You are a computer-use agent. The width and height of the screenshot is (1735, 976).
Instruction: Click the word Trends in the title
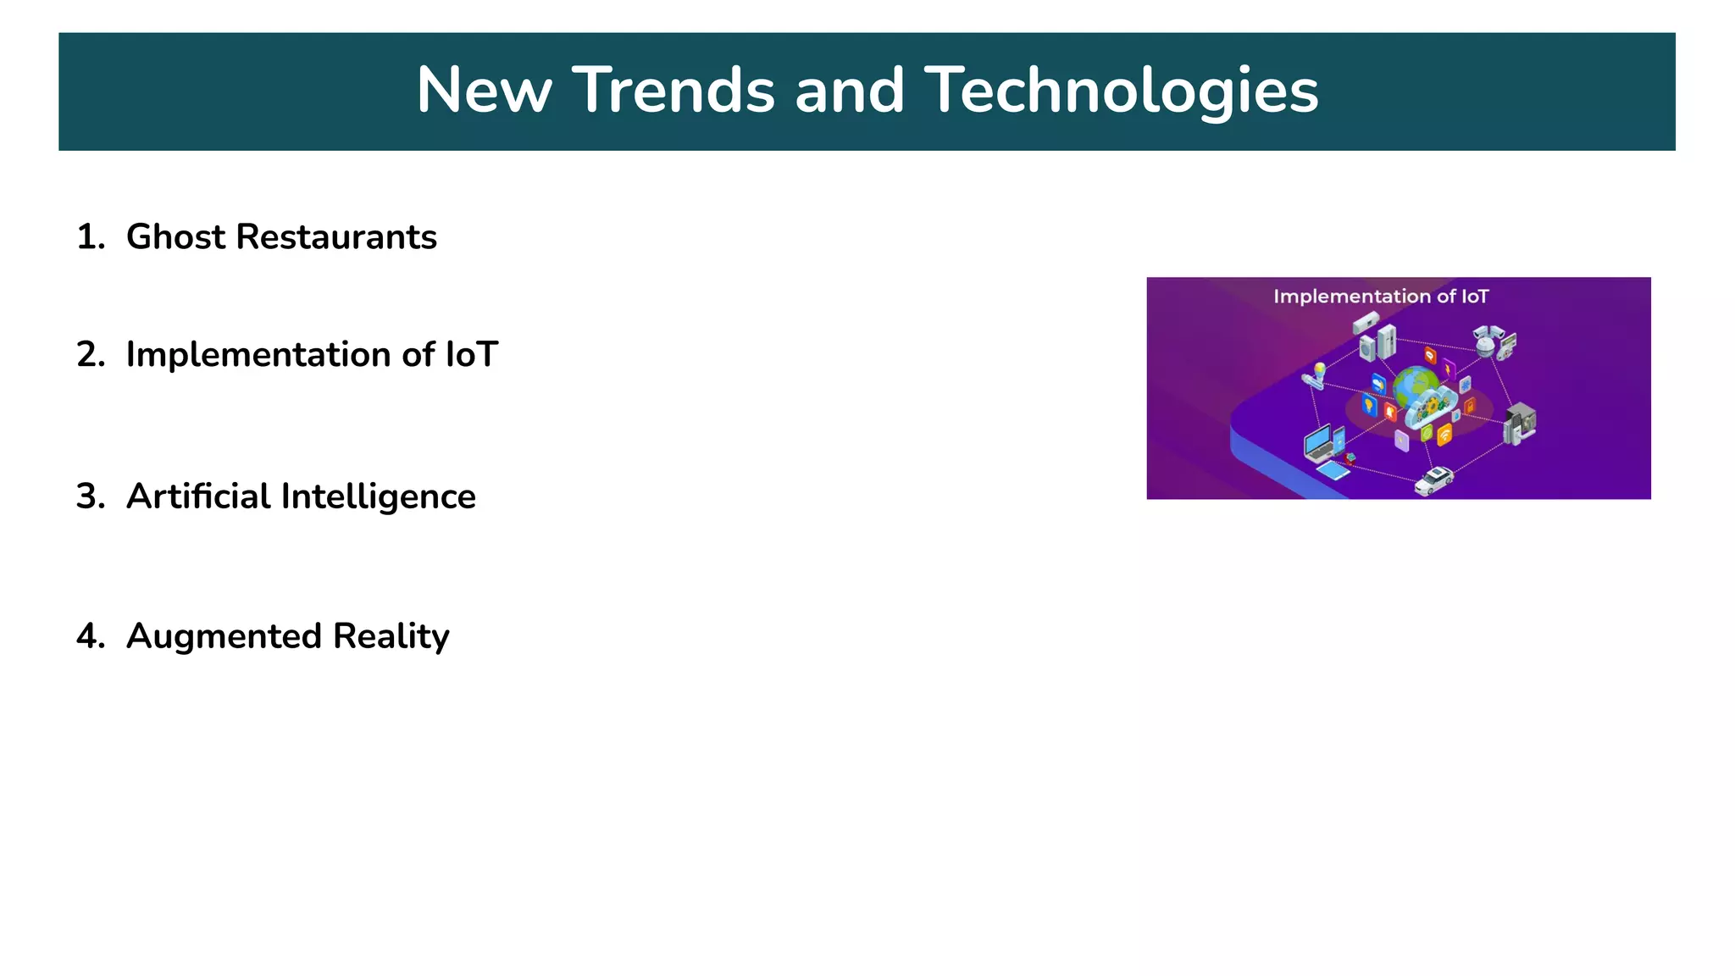673,91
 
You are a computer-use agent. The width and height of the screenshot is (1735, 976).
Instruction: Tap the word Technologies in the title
1121,91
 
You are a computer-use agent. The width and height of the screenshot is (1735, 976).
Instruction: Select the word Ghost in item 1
175,237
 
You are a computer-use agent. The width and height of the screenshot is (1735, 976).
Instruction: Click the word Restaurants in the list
336,237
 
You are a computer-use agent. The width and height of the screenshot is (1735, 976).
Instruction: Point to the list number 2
89,355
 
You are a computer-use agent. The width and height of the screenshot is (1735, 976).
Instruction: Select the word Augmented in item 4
224,636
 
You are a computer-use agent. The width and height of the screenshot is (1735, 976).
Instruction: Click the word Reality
391,636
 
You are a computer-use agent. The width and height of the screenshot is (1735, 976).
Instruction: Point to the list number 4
89,636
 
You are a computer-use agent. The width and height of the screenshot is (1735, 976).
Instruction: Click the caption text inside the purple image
1381,297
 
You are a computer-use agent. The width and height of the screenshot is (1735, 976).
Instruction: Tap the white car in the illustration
1433,480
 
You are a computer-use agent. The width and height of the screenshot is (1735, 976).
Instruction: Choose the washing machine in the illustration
1366,347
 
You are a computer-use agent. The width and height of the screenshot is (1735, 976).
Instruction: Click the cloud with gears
1431,407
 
